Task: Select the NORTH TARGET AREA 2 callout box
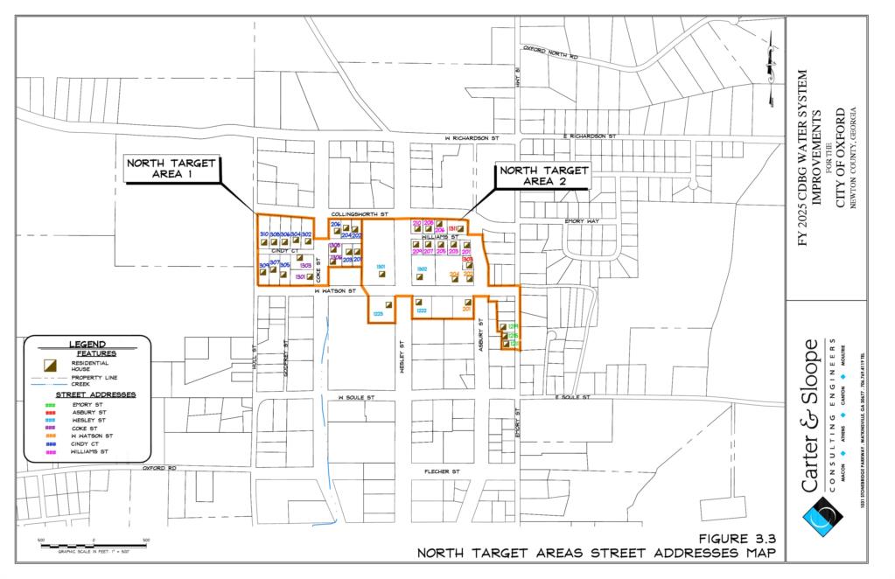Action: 543,176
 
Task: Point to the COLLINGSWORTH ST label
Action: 365,213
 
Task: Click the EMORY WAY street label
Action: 582,221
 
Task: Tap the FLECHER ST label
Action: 443,471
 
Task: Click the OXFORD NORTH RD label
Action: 550,54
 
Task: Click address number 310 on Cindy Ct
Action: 264,234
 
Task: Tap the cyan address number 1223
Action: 378,312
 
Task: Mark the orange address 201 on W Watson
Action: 466,309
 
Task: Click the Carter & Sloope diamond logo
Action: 822,516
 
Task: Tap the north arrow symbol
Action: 771,66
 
